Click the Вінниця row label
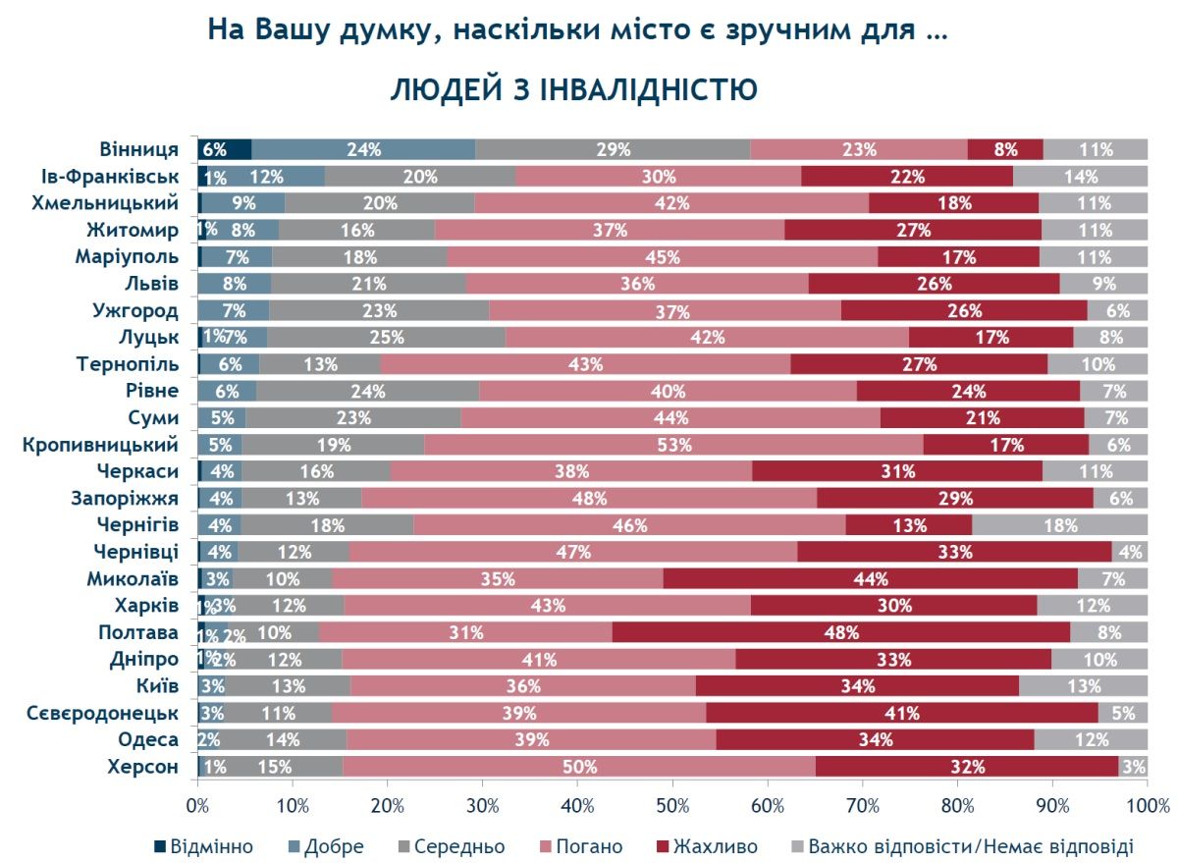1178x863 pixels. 138,150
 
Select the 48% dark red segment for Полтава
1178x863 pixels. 840,632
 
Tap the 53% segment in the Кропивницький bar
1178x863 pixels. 673,445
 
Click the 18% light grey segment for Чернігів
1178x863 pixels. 1059,525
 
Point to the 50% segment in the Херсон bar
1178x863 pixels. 578,766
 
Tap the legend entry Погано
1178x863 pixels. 585,846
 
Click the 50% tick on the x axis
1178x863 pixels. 672,806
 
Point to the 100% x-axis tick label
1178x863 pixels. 1147,806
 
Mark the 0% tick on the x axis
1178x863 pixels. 198,806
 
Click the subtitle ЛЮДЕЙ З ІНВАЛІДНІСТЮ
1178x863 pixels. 574,89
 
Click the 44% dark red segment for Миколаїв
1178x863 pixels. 870,578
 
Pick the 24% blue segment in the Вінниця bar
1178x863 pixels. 363,150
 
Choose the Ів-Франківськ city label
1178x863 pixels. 109,177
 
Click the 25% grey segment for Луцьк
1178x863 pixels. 385,338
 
